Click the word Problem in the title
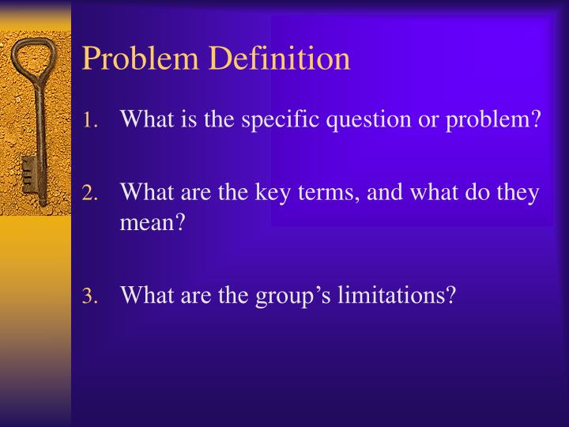click(x=132, y=59)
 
